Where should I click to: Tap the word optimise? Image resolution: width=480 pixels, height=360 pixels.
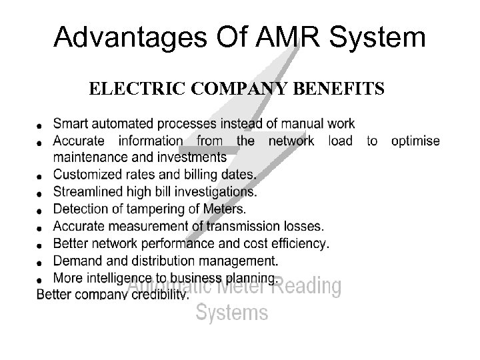415,141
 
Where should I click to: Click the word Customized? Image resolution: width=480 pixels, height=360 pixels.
86,175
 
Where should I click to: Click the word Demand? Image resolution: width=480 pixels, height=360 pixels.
77,261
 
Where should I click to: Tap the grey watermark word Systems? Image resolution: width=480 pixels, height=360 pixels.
232,312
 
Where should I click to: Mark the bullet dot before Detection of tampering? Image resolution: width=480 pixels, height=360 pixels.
41,211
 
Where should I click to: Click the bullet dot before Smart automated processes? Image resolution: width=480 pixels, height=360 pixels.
41,125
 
